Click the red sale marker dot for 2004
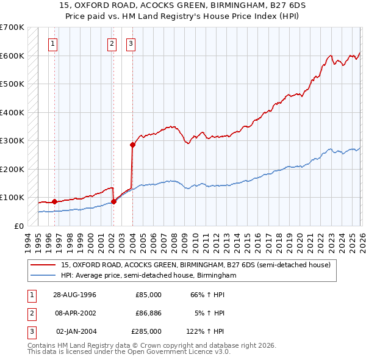click(x=132, y=145)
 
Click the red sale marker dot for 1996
click(x=55, y=201)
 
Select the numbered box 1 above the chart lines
click(x=54, y=43)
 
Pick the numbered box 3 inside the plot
click(x=131, y=43)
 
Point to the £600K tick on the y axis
click(x=12, y=56)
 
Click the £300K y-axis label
click(x=12, y=141)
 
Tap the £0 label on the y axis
click(x=18, y=226)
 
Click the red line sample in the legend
click(x=43, y=265)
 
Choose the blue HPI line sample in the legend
click(x=43, y=276)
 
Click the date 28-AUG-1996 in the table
click(x=75, y=295)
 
